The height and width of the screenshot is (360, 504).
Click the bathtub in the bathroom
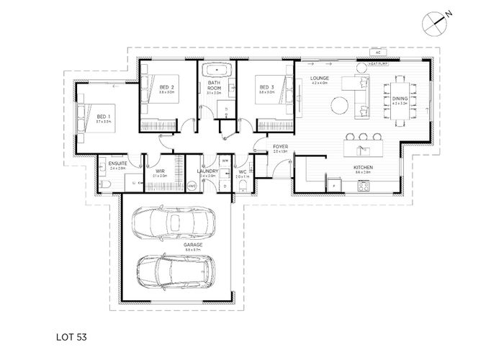point(216,71)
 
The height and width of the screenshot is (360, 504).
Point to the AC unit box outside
point(377,53)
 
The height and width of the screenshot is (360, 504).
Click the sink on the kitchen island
point(362,149)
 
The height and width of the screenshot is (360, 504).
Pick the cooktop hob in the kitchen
point(364,187)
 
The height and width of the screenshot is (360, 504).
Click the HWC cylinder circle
point(192,185)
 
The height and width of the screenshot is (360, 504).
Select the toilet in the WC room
point(243,185)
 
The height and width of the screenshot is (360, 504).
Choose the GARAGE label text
point(173,244)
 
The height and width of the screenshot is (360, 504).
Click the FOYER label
point(280,147)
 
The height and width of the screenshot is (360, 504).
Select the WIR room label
point(160,171)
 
